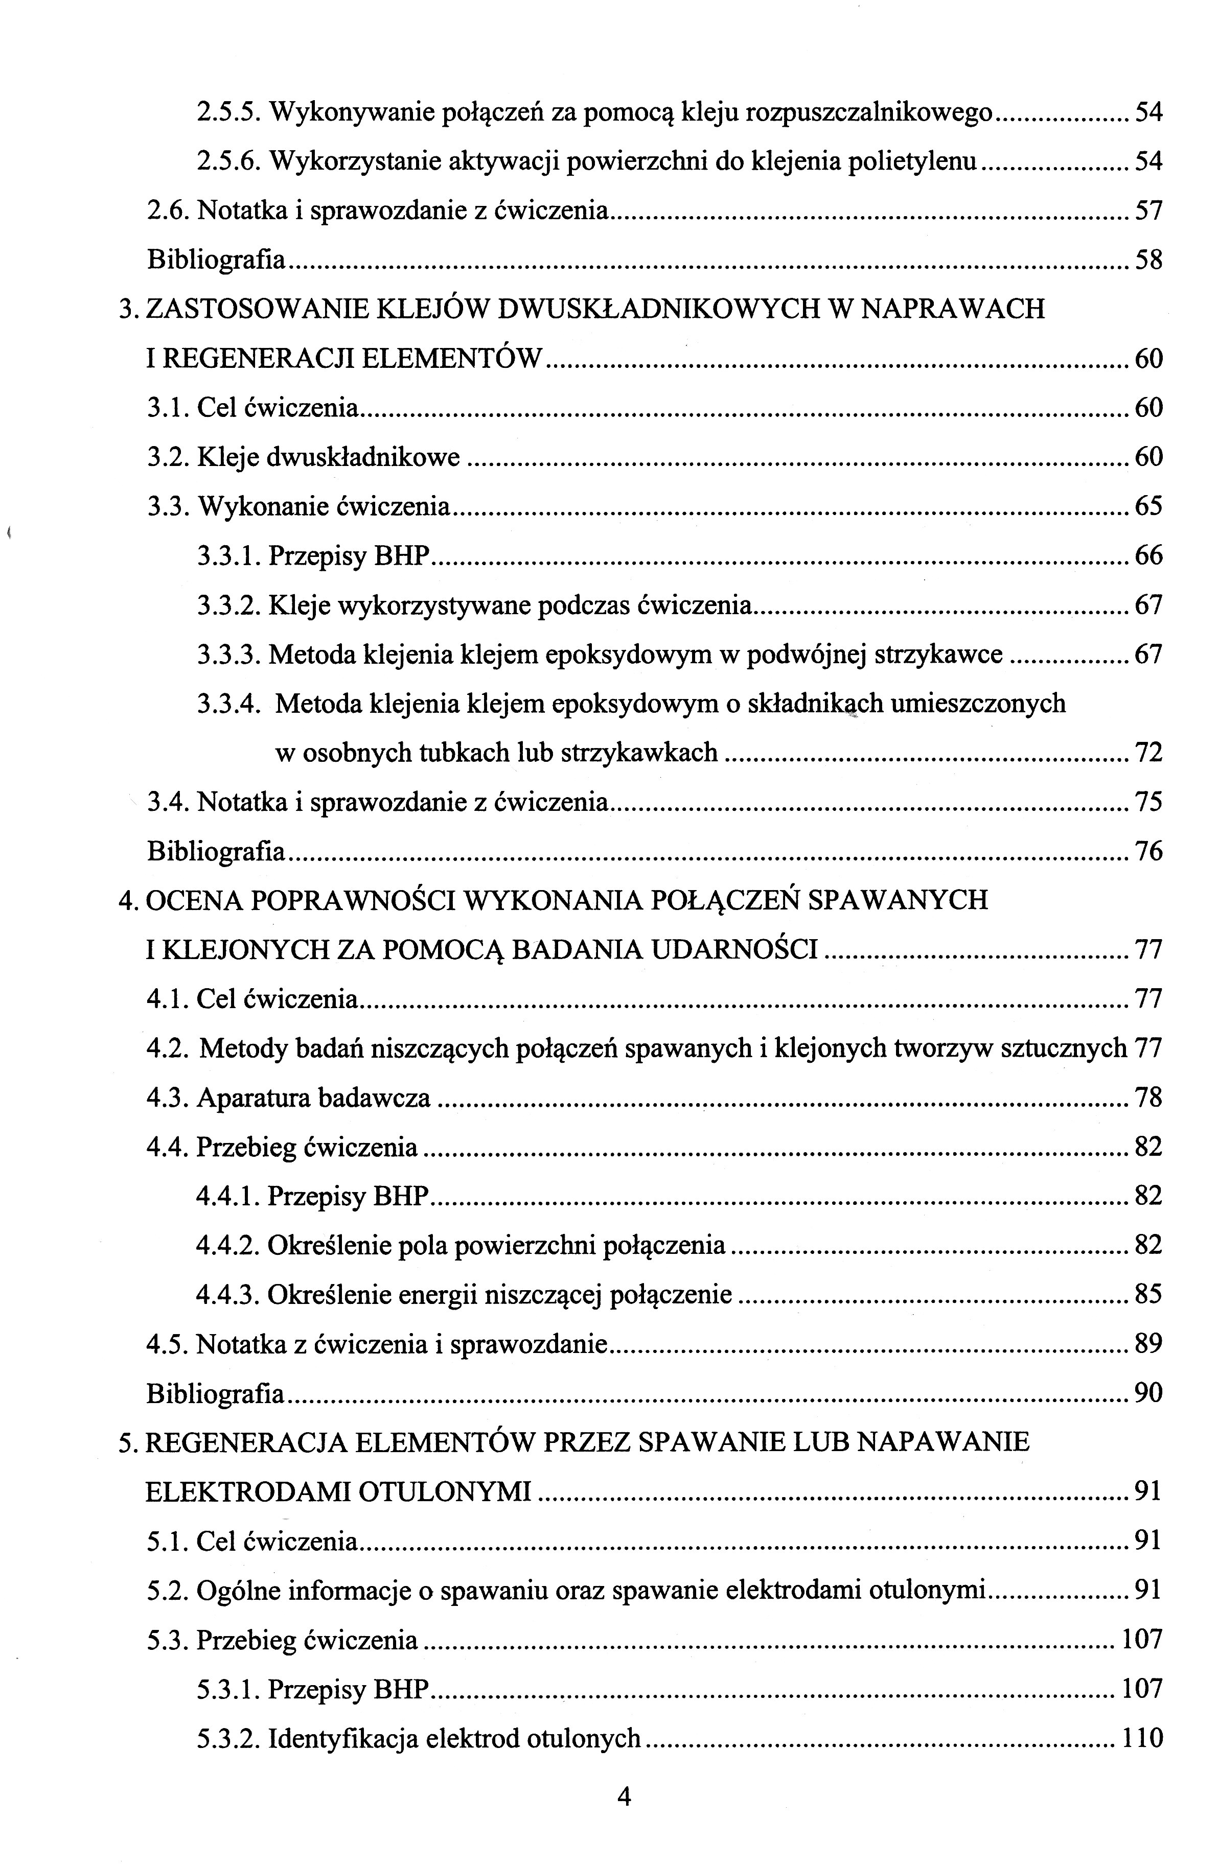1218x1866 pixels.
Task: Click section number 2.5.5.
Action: click(x=228, y=113)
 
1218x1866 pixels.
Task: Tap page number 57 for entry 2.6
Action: click(x=1148, y=211)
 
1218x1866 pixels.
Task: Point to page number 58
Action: click(x=1148, y=260)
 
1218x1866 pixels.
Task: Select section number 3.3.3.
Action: click(x=228, y=654)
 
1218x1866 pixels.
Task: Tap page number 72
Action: click(x=1148, y=753)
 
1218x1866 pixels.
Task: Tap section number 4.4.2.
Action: click(x=227, y=1245)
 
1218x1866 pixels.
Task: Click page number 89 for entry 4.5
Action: click(x=1148, y=1345)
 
